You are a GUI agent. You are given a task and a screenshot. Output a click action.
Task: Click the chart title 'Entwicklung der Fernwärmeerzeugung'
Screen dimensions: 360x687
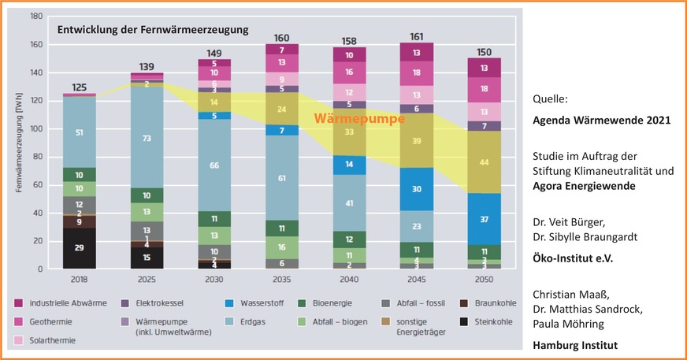152,30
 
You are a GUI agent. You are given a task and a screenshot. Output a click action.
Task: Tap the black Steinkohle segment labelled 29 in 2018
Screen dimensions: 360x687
79,248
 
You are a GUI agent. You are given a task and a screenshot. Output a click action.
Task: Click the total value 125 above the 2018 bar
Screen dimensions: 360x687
79,87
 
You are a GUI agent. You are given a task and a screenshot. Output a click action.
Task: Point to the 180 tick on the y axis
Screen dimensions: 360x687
36,17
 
